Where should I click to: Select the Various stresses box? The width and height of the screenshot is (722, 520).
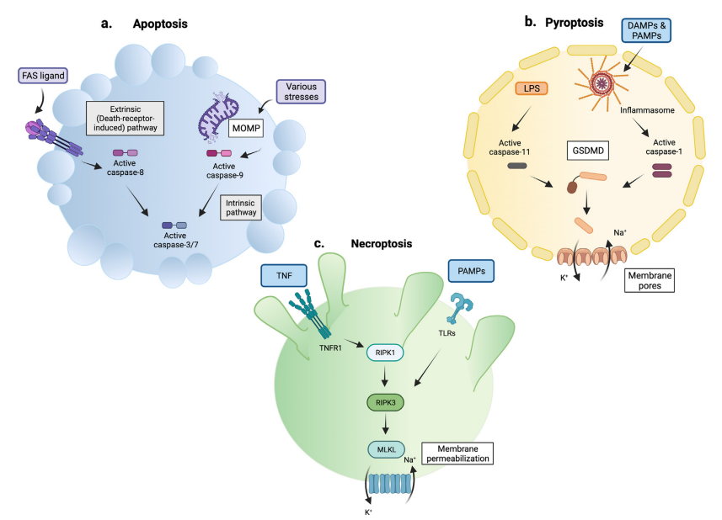click(x=301, y=92)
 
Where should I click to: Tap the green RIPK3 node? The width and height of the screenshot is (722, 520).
click(x=384, y=403)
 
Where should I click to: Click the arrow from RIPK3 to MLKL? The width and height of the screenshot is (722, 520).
click(x=384, y=427)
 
